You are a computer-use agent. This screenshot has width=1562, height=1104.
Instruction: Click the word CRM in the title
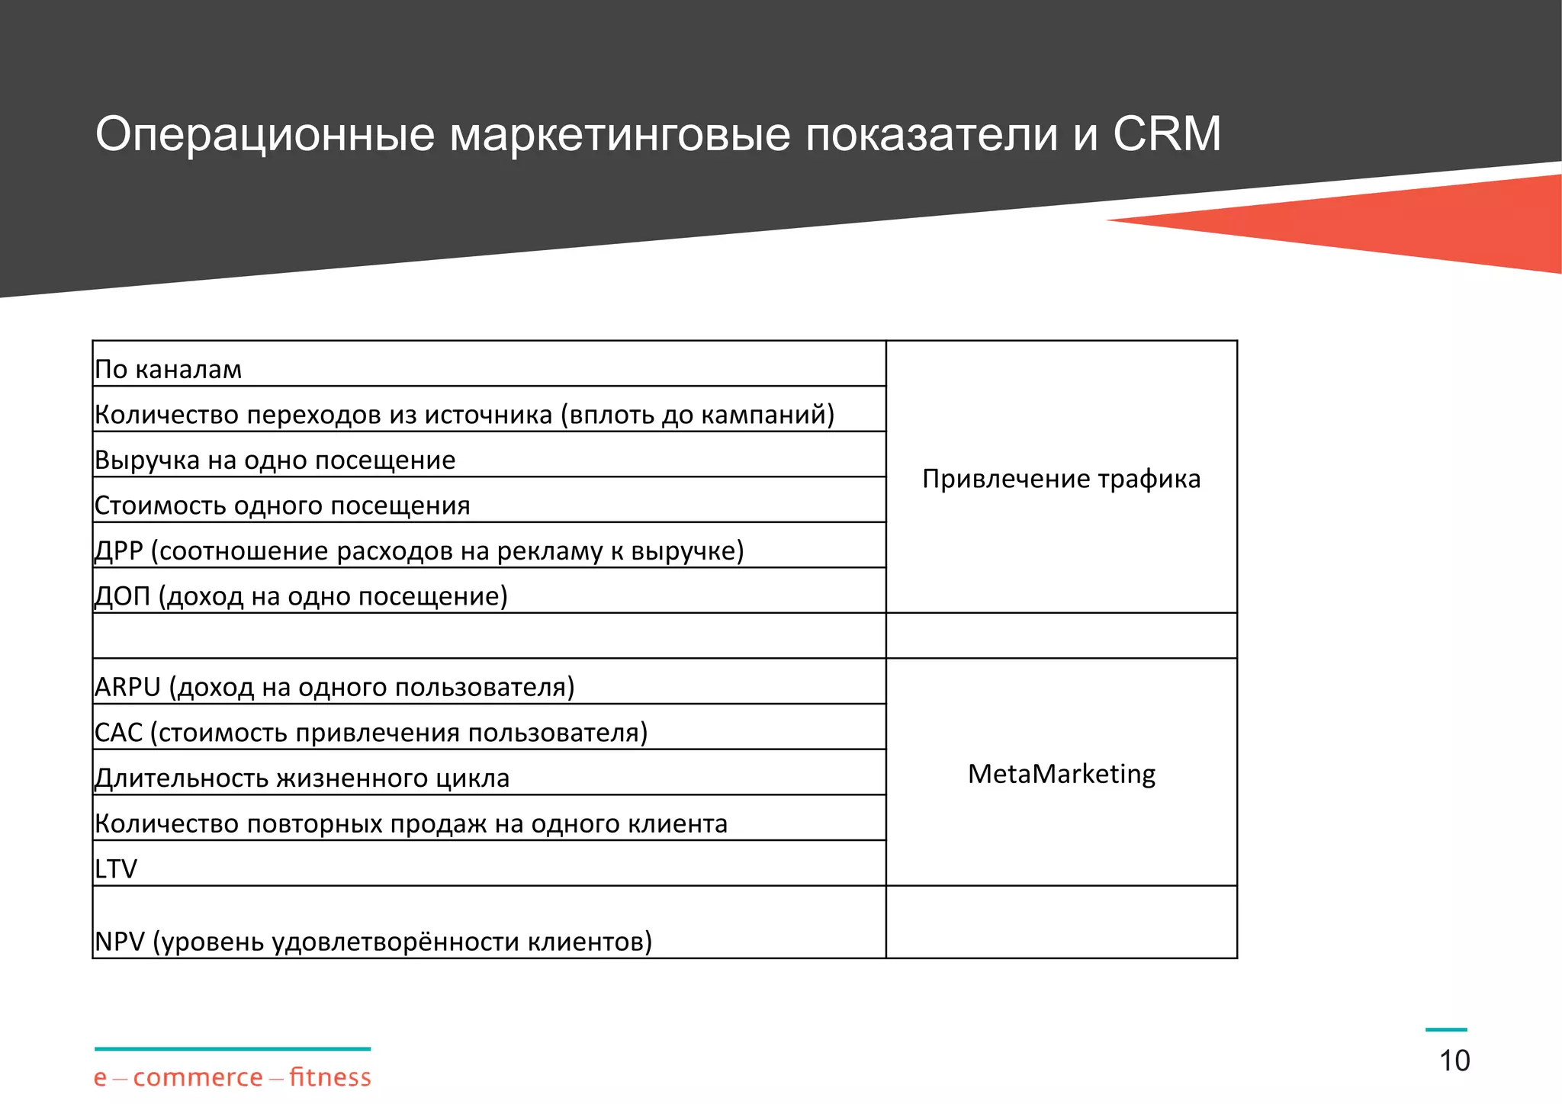pos(1166,134)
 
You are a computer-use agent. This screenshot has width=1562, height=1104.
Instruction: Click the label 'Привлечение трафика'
pos(1061,479)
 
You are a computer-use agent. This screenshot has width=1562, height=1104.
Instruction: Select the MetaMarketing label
pos(1061,774)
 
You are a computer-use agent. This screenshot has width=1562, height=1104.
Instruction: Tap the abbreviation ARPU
pos(127,687)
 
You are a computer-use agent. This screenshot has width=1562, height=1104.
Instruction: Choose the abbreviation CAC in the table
pos(118,733)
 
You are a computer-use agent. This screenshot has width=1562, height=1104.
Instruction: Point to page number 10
pos(1454,1061)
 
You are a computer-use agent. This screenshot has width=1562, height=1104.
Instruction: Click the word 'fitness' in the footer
pos(329,1077)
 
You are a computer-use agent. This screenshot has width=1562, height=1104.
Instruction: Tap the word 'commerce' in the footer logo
pos(198,1078)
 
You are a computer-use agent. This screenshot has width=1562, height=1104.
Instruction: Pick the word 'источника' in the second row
pos(488,415)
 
